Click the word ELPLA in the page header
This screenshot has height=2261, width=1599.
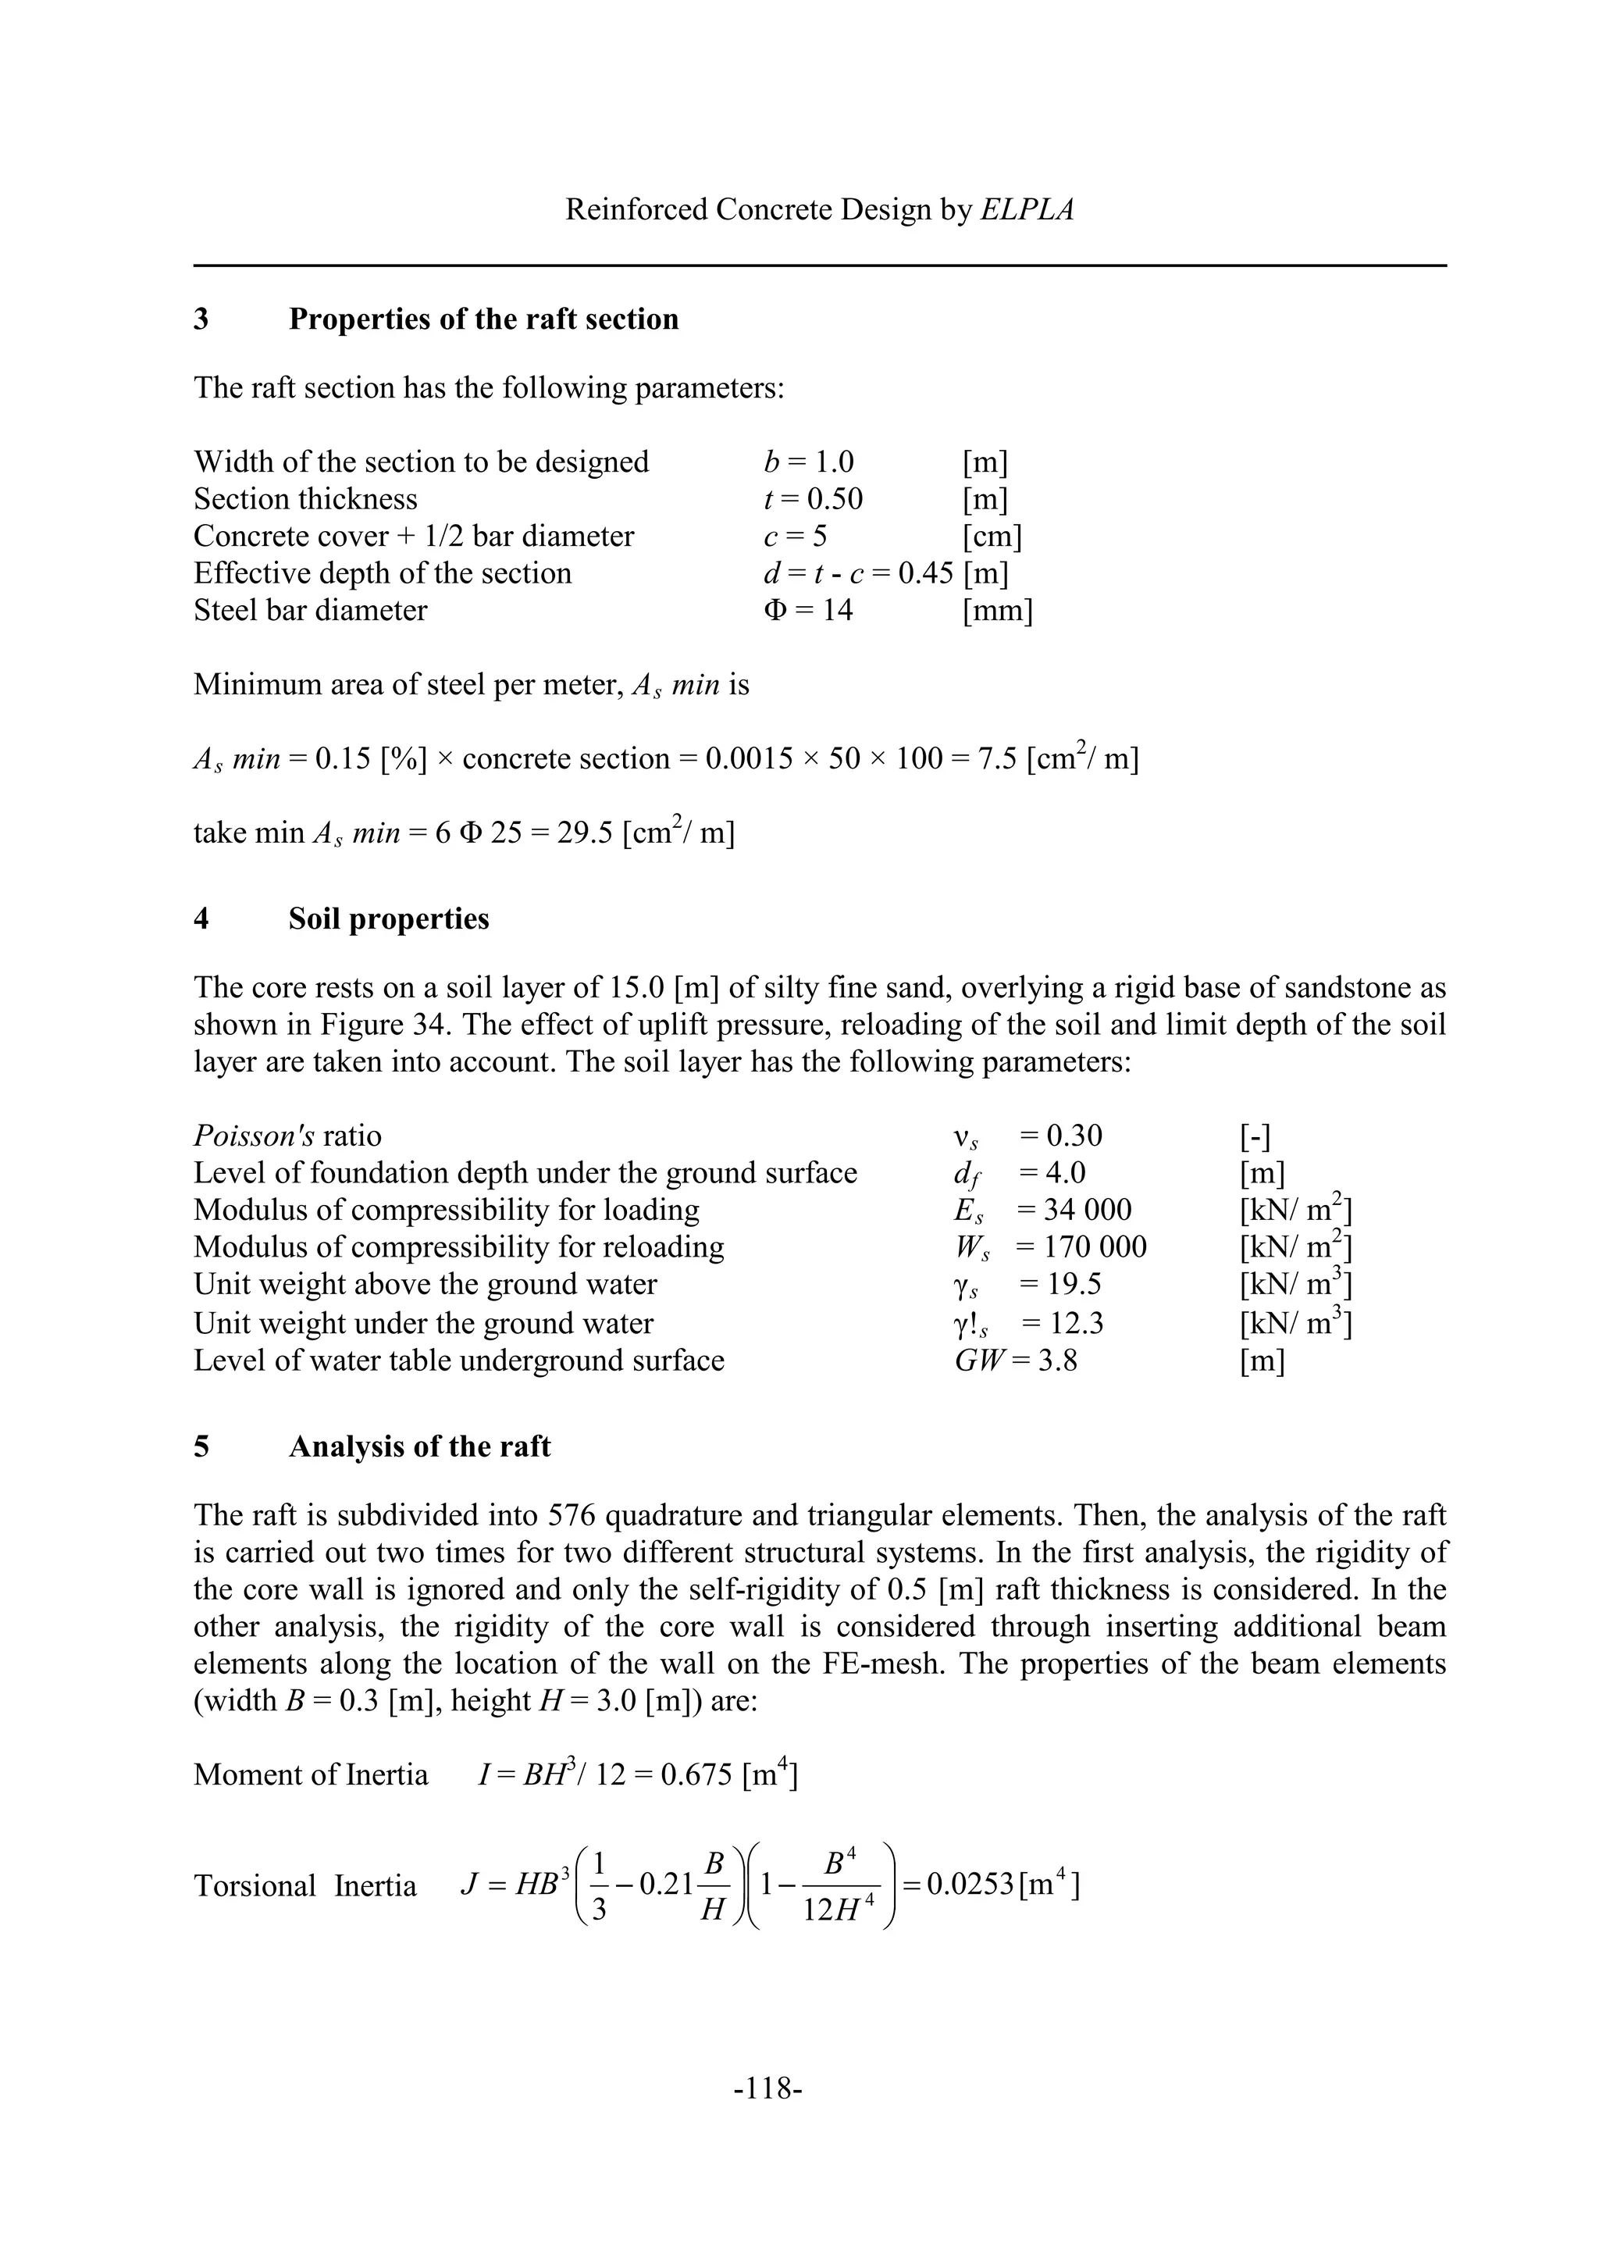1027,210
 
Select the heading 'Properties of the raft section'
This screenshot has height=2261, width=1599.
483,319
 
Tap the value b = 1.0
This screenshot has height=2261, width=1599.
808,462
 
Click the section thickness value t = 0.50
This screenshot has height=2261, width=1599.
814,499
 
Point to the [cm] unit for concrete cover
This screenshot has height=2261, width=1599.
992,537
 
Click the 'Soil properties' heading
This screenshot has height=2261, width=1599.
389,918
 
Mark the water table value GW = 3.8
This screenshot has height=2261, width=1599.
1016,1361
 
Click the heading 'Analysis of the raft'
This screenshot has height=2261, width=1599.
419,1446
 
